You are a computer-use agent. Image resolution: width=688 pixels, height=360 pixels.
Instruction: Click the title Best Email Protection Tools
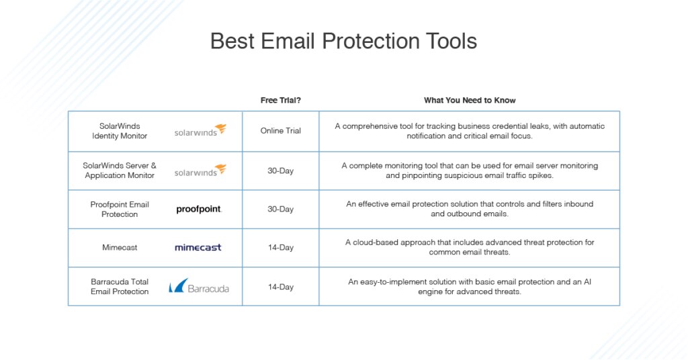pos(343,41)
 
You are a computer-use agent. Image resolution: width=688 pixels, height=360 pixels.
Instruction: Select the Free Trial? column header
pos(280,100)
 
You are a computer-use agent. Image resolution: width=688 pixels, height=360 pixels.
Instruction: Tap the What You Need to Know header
pos(469,100)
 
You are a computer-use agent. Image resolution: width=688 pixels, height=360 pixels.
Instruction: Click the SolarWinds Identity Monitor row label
pos(120,131)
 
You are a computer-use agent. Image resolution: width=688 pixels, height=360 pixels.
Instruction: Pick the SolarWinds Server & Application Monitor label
pos(120,171)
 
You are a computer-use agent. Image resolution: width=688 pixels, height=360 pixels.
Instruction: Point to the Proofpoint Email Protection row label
pos(120,210)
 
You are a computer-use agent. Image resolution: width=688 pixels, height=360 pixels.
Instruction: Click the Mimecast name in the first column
pos(120,248)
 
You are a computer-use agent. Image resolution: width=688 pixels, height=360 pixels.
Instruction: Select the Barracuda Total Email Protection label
pos(120,287)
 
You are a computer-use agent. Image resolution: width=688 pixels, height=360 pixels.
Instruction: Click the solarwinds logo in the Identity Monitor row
pos(200,130)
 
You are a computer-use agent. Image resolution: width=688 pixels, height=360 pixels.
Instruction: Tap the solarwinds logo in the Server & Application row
pos(200,171)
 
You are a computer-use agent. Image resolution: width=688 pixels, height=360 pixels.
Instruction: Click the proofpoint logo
pos(198,210)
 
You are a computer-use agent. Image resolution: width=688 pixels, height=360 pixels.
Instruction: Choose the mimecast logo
pos(198,248)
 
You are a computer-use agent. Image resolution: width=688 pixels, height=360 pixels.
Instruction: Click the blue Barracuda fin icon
pos(177,286)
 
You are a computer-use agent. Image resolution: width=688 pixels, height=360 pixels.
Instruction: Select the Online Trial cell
pos(280,131)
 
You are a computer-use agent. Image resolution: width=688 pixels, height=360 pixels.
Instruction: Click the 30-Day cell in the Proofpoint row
pos(280,210)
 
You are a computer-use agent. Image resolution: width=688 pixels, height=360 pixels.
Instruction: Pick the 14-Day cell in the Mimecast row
pos(280,248)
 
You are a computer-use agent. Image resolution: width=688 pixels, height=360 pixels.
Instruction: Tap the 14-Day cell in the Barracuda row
pos(280,287)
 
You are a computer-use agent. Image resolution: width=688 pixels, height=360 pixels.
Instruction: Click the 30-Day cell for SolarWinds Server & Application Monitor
pos(280,171)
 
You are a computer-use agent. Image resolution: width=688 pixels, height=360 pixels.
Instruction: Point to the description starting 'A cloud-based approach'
pos(469,247)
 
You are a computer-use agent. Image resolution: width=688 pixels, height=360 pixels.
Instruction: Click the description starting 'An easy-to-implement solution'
pos(469,287)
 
